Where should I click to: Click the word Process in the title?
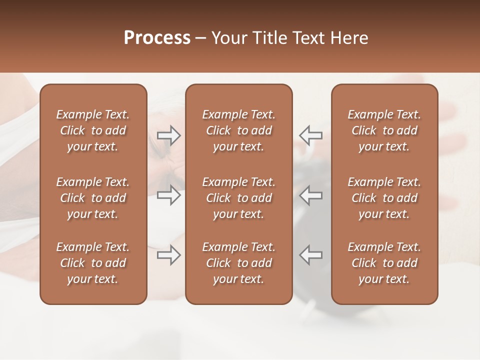[157, 38]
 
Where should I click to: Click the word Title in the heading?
[268, 38]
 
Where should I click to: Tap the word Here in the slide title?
[349, 38]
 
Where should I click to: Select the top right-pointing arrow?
[169, 135]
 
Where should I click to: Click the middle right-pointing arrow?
[169, 195]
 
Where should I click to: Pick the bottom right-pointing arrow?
[169, 255]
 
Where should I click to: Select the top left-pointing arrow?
[310, 135]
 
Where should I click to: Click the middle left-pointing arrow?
[310, 195]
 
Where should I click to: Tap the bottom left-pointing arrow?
[310, 255]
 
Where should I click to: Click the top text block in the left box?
[93, 130]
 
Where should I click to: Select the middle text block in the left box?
[93, 198]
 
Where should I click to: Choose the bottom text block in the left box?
[93, 263]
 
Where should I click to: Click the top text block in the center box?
[238, 130]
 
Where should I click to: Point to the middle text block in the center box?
[238, 198]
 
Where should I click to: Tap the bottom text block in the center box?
[238, 263]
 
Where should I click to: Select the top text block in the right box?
[384, 130]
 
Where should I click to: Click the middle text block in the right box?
[384, 198]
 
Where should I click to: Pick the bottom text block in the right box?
[384, 263]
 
